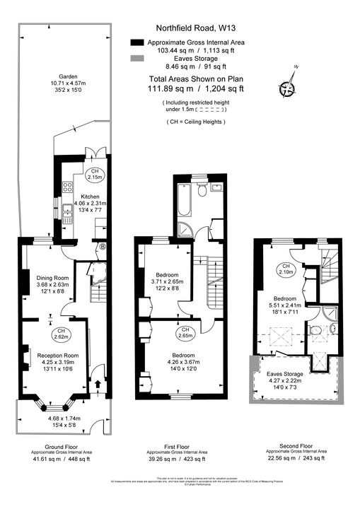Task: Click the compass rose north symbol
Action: [x=287, y=88]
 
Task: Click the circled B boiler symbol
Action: [x=103, y=247]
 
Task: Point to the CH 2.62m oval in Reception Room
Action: [x=62, y=334]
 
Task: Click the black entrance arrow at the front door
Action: [x=97, y=385]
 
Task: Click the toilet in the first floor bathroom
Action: [x=202, y=189]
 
